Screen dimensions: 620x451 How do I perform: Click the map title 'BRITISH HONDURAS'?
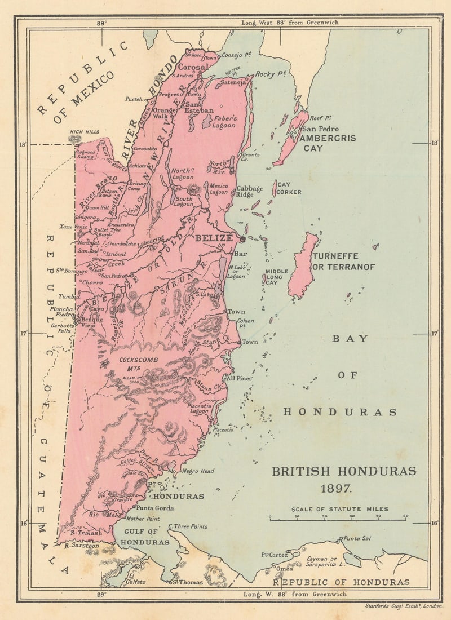coord(344,471)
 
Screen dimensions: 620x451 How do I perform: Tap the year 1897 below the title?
coord(344,488)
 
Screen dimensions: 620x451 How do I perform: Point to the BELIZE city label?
coord(214,238)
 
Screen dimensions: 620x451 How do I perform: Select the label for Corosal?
coord(193,67)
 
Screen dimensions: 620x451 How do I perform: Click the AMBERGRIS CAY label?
coord(328,143)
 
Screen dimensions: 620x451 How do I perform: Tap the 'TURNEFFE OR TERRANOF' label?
coord(351,262)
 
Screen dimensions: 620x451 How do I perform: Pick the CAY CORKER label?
coord(289,188)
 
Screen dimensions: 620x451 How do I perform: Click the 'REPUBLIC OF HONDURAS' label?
coord(341,582)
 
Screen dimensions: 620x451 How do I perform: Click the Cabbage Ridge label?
coord(250,192)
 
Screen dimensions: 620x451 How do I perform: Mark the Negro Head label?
coord(198,471)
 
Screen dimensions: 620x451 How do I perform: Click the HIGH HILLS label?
coord(84,132)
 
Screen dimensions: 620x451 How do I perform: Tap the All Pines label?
coord(238,378)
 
